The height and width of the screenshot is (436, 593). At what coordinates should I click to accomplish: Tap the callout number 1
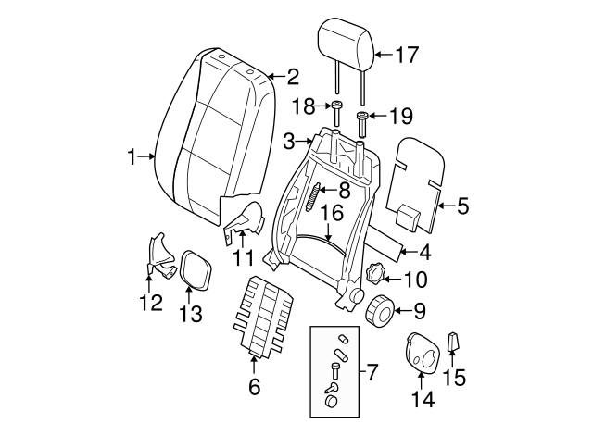point(131,156)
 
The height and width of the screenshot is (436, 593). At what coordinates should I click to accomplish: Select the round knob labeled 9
point(380,310)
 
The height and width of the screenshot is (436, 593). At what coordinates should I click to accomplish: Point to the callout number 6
point(254,388)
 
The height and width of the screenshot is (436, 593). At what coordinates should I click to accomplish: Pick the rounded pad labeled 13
point(194,269)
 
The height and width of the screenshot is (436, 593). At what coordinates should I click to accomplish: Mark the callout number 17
point(409,55)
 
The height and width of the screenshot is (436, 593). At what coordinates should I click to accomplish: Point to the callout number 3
point(289,142)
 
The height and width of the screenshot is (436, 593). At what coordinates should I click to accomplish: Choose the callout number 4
point(424,251)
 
